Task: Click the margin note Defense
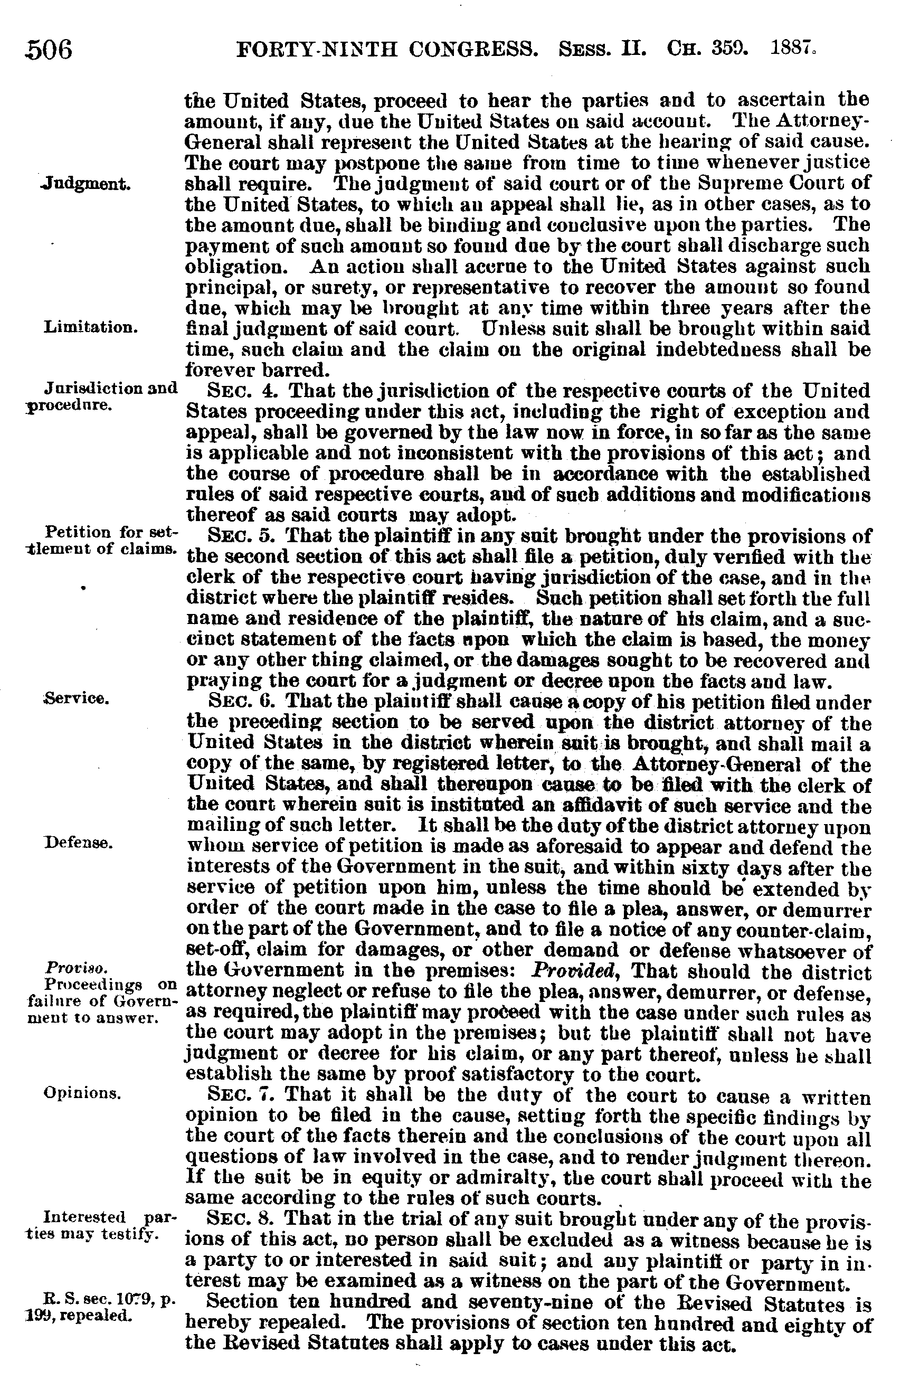click(78, 843)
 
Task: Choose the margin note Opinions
click(82, 1092)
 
